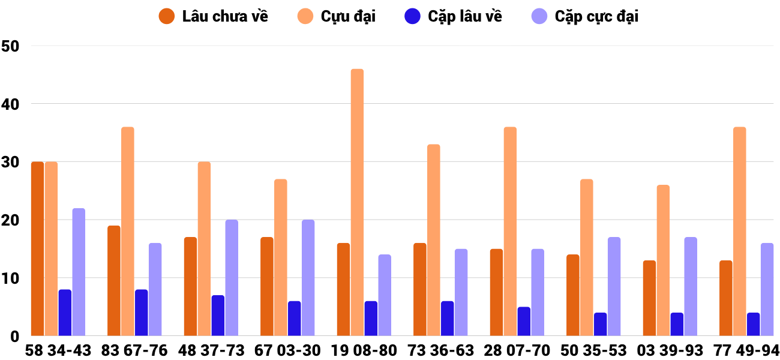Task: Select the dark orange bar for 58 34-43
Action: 37,249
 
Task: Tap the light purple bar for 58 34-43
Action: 79,272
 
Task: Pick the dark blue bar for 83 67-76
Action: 141,313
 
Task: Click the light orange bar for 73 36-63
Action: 433,240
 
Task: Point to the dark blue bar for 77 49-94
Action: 753,325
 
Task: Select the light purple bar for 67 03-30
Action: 308,278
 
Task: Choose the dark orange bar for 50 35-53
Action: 573,295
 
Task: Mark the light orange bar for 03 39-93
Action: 663,260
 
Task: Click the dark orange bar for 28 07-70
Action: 496,293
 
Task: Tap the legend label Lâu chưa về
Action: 225,16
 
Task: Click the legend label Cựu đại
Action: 348,16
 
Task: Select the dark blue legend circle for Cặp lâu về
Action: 412,16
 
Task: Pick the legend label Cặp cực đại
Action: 596,16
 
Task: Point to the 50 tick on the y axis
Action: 11,46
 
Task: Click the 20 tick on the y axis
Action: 11,220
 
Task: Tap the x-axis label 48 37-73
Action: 211,350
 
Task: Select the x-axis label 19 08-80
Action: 364,350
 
